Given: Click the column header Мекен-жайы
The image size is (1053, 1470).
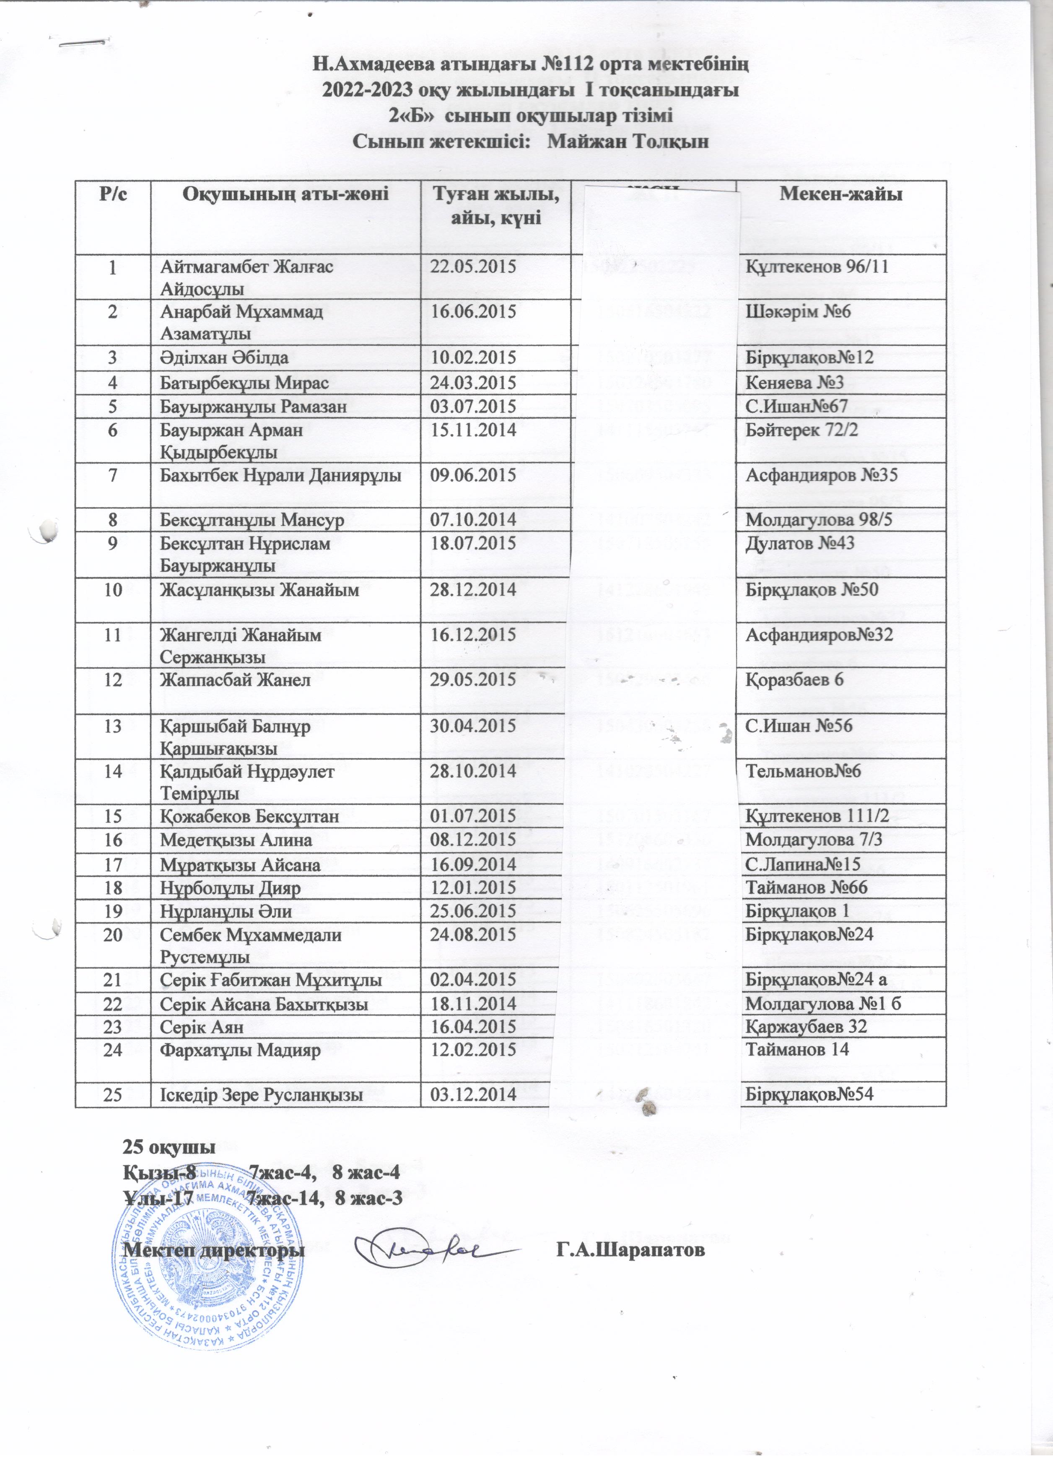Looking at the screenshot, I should point(840,194).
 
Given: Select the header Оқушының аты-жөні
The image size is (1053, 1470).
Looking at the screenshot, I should point(286,194).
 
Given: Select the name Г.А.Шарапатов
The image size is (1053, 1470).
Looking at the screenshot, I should point(630,1250).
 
